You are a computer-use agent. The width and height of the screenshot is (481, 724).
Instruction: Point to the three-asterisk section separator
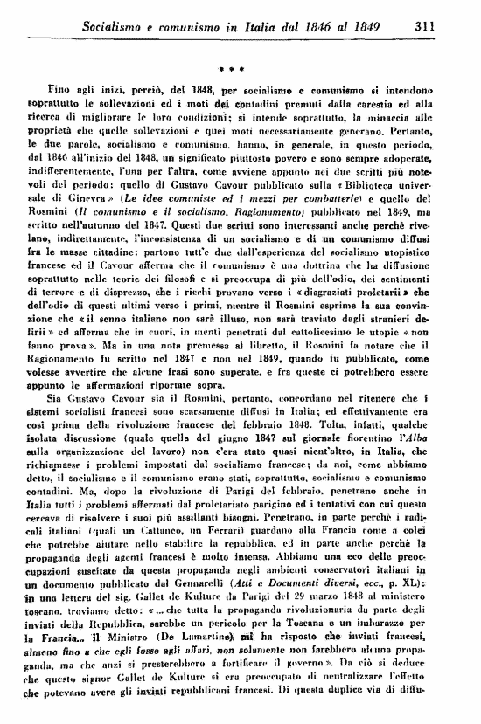232,67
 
